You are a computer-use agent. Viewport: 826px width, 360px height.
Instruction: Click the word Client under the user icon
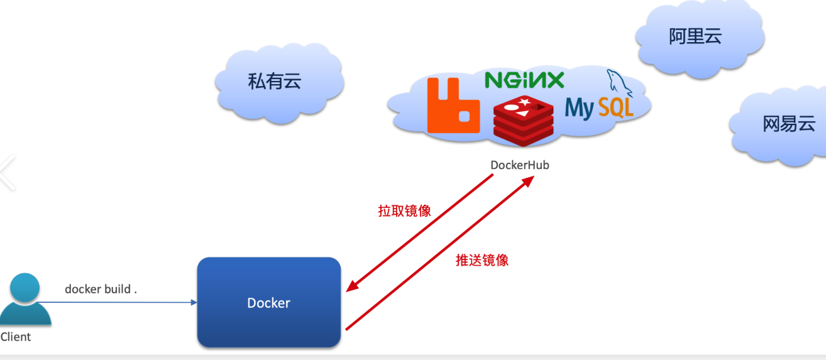pyautogui.click(x=16, y=337)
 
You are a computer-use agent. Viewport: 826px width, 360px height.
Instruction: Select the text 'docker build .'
pyautogui.click(x=101, y=289)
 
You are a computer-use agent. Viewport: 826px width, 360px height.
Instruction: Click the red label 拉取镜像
pyautogui.click(x=404, y=211)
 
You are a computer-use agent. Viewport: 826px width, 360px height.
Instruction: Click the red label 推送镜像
pyautogui.click(x=482, y=260)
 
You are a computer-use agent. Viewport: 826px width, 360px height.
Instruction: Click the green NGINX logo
pyautogui.click(x=524, y=80)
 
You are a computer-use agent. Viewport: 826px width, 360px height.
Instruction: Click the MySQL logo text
pyautogui.click(x=598, y=109)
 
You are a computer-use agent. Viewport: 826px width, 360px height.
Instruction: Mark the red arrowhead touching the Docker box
pyautogui.click(x=351, y=287)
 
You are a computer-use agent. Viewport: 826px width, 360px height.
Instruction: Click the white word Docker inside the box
pyautogui.click(x=268, y=303)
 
